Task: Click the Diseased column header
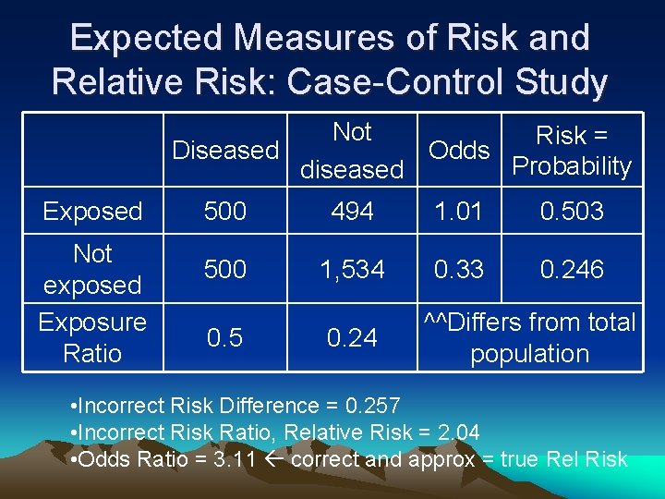pos(225,150)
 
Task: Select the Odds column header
pos(459,150)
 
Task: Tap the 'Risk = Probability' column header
pos(572,151)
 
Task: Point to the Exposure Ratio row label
pos(92,337)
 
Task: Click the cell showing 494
pos(352,212)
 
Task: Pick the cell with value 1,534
pos(352,270)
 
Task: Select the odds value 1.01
pos(459,212)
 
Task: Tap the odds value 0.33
pos(459,270)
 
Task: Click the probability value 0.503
pos(572,212)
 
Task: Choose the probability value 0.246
pos(572,270)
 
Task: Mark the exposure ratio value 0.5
pos(225,338)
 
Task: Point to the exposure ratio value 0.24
pos(352,338)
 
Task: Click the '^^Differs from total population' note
pos(529,337)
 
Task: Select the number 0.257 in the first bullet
pos(372,406)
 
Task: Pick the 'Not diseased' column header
pos(352,151)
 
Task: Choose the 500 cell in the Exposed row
pos(225,212)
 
